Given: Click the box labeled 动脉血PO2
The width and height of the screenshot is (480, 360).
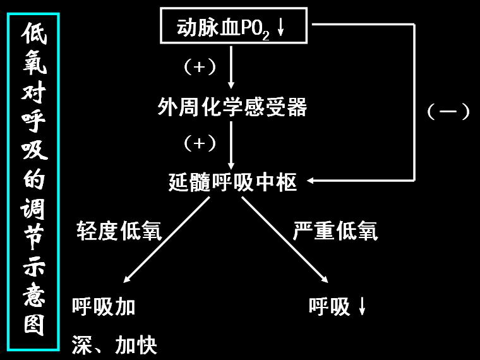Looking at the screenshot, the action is [234, 27].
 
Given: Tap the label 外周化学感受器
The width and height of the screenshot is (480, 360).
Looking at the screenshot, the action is [232, 108].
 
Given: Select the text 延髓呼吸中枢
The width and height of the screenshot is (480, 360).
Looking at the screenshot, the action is [232, 183].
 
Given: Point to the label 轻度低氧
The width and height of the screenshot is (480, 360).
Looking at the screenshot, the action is [119, 231].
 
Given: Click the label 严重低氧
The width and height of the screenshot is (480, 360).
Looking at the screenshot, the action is [335, 231].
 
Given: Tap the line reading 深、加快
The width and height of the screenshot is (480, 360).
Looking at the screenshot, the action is [114, 345].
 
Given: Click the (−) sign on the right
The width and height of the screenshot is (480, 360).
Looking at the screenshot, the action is [448, 112].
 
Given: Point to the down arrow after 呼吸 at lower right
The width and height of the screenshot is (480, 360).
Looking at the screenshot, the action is [363, 307].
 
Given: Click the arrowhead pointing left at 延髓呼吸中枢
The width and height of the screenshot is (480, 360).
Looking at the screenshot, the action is [314, 181].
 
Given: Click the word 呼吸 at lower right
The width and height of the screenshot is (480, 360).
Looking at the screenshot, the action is [329, 307].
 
